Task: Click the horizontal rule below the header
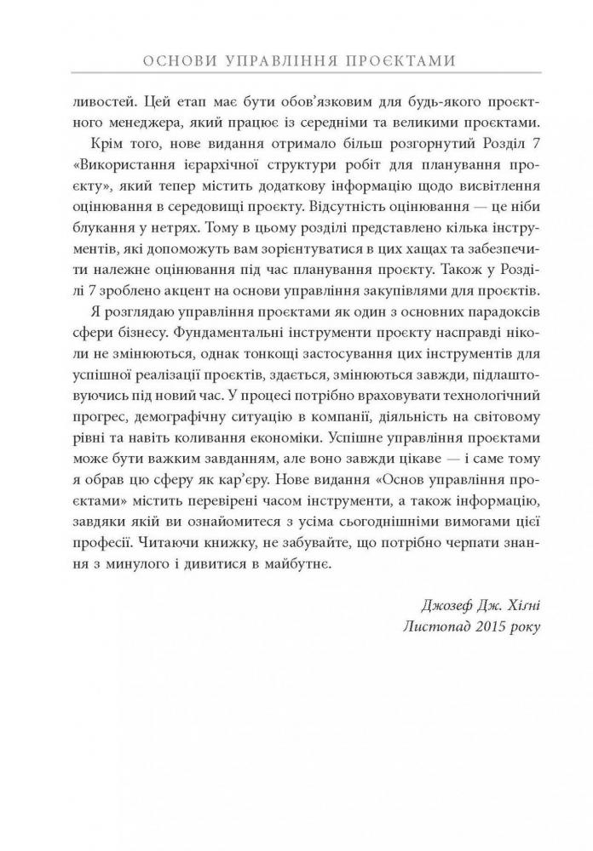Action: [x=296, y=78]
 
